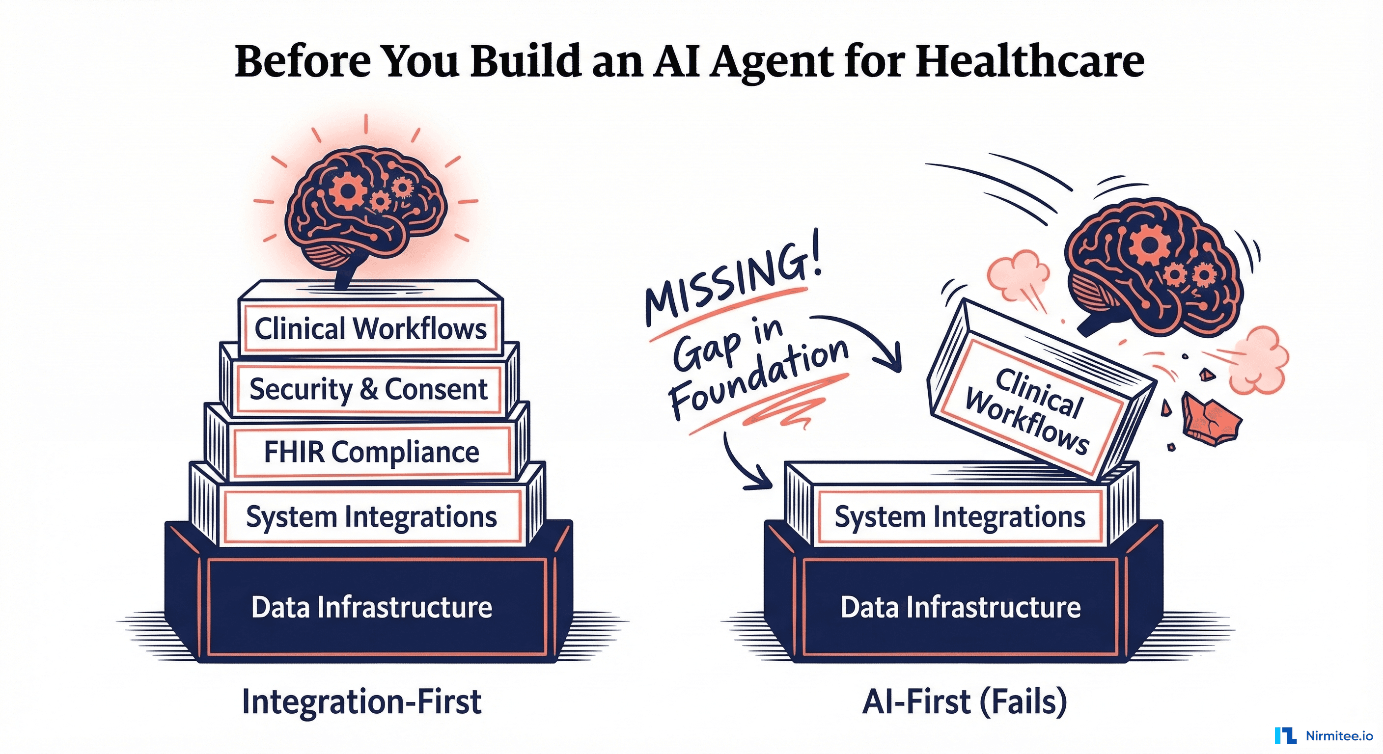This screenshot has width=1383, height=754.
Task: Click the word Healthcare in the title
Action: pyautogui.click(x=1029, y=62)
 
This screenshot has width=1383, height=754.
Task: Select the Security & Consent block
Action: pyautogui.click(x=368, y=389)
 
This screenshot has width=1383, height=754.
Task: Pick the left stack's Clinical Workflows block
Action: pyautogui.click(x=370, y=328)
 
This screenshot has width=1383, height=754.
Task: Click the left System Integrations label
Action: pyautogui.click(x=371, y=517)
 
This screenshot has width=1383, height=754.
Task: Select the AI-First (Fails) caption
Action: pyautogui.click(x=964, y=701)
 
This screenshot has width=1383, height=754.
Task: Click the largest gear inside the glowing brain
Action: pyautogui.click(x=347, y=190)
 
